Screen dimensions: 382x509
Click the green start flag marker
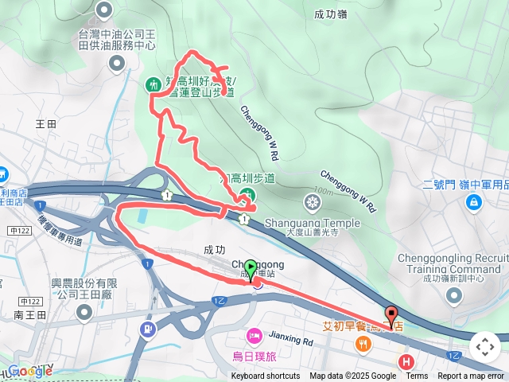pyautogui.click(x=251, y=268)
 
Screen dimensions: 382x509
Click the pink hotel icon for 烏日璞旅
pyautogui.click(x=254, y=334)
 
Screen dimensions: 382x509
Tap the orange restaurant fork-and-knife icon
pyautogui.click(x=363, y=344)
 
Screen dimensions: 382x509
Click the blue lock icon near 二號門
pyautogui.click(x=473, y=202)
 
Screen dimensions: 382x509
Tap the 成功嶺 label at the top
pyautogui.click(x=330, y=14)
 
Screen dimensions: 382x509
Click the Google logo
pyautogui.click(x=29, y=370)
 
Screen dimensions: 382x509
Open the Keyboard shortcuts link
pyautogui.click(x=266, y=376)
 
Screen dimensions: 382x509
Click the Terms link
pyautogui.click(x=417, y=376)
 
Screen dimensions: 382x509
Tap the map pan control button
pyautogui.click(x=484, y=346)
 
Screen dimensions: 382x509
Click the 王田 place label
pyautogui.click(x=47, y=124)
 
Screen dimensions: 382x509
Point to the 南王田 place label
pyautogui.click(x=29, y=315)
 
